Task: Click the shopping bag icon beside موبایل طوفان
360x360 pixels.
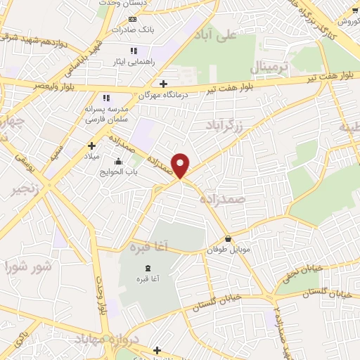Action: point(229,239)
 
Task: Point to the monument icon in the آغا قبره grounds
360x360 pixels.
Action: point(148,269)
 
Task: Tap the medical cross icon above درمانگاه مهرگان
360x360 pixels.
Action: point(163,83)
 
